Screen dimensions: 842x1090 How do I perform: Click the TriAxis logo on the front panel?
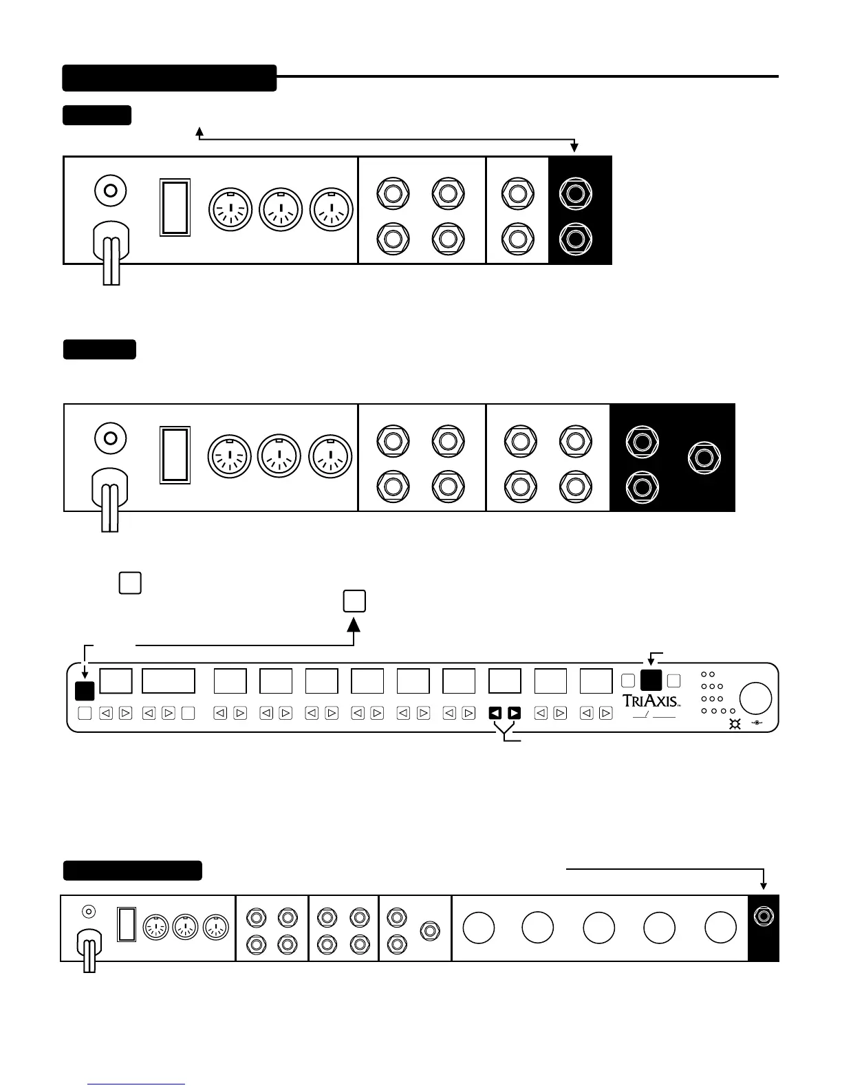click(651, 701)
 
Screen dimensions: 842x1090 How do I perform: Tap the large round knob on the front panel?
click(755, 698)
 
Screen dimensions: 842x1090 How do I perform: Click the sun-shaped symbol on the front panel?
click(735, 724)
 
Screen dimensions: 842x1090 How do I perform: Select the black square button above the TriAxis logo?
click(651, 680)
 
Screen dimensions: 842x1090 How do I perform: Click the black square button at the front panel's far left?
click(84, 690)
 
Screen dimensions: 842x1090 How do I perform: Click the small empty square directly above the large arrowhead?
click(354, 601)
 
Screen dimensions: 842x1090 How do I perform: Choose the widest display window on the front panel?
click(169, 681)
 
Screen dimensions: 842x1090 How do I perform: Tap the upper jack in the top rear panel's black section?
click(576, 192)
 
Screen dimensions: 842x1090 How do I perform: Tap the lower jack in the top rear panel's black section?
click(576, 239)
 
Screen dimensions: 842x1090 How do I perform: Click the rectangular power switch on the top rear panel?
click(175, 207)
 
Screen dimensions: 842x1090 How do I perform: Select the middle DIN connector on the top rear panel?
click(280, 209)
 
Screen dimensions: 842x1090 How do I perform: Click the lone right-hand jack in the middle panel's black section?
click(704, 458)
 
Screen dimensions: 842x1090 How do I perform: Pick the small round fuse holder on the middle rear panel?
click(109, 438)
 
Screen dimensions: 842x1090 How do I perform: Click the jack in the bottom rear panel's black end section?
click(763, 916)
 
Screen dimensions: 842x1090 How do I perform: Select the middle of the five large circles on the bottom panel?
click(598, 928)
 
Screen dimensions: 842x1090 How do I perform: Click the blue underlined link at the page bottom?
click(136, 1084)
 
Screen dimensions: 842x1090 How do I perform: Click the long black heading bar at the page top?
click(169, 78)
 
